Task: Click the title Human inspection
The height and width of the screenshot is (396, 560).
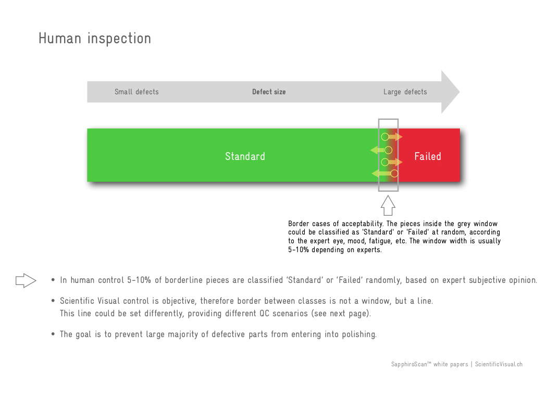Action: click(x=95, y=39)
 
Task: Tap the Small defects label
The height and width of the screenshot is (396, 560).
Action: click(x=136, y=92)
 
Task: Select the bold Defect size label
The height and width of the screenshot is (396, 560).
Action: click(x=269, y=92)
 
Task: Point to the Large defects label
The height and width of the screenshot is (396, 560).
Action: click(x=405, y=92)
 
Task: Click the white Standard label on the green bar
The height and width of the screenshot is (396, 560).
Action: click(x=245, y=156)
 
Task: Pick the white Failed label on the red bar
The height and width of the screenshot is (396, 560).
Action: click(x=428, y=156)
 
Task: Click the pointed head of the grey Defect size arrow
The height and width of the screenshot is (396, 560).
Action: click(x=459, y=92)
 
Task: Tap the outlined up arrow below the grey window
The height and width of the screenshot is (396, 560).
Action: click(x=388, y=205)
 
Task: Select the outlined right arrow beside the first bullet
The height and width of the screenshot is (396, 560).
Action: click(x=26, y=280)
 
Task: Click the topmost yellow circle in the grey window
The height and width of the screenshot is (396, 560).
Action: click(x=384, y=137)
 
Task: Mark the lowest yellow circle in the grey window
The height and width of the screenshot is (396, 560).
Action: click(x=394, y=174)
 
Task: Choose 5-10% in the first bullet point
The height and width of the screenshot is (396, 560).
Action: click(x=139, y=280)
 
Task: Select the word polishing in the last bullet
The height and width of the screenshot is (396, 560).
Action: click(x=359, y=335)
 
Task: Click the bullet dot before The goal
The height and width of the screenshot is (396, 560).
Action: click(x=53, y=334)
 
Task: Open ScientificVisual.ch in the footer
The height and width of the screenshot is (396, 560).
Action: click(x=499, y=364)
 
